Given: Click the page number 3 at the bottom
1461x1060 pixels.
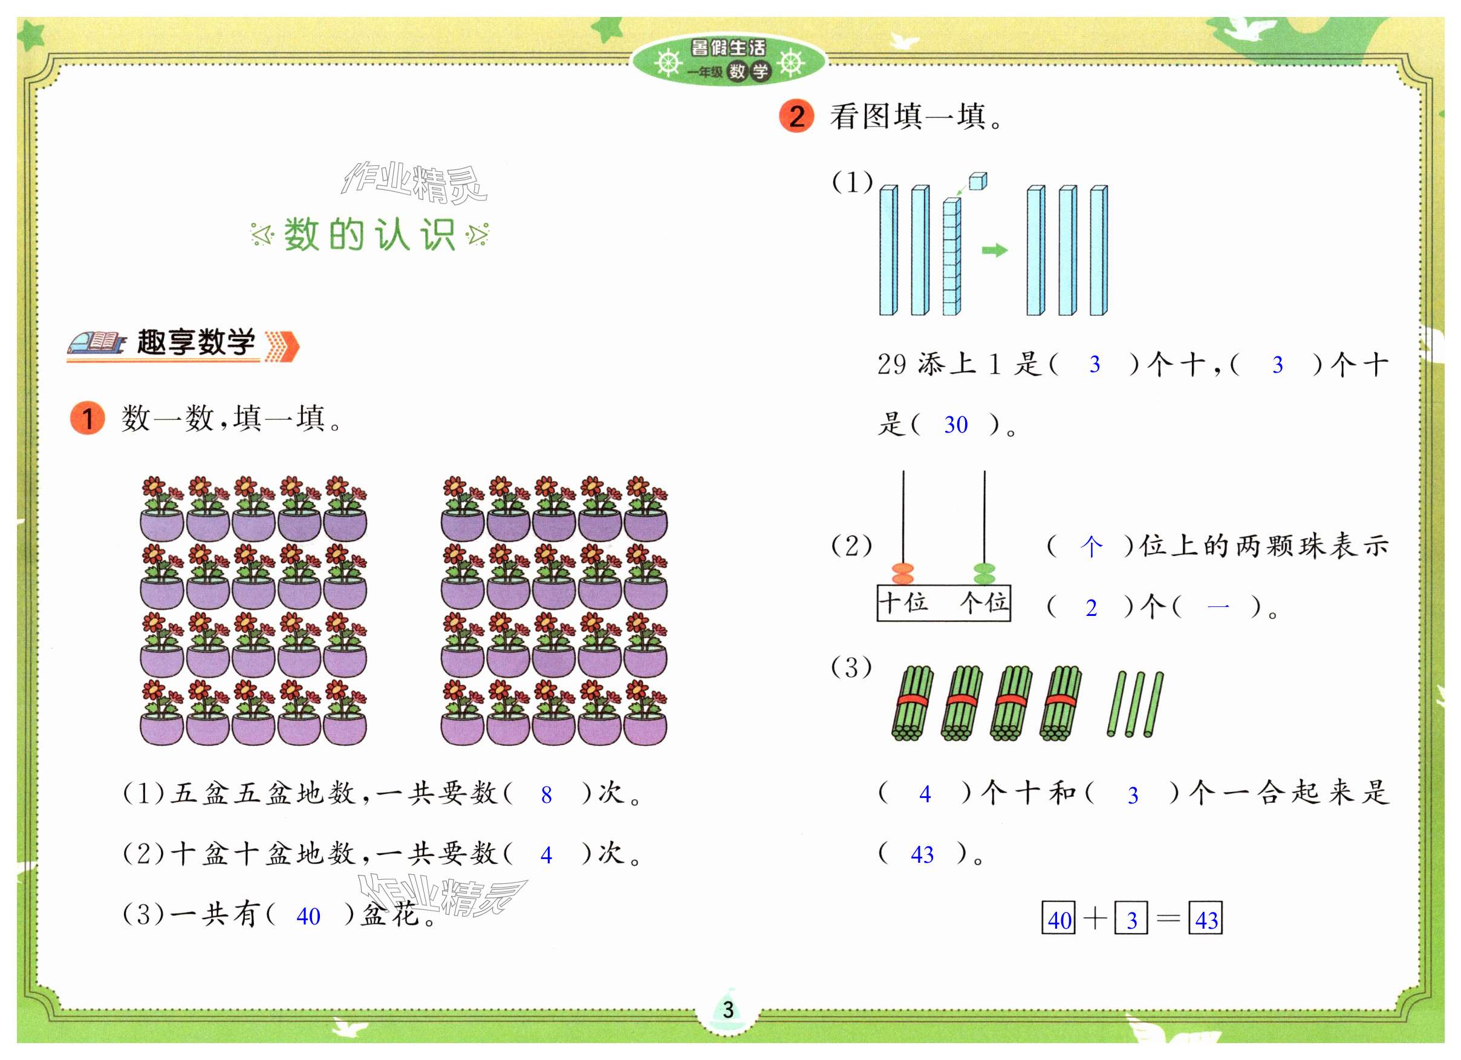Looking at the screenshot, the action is coord(728,1009).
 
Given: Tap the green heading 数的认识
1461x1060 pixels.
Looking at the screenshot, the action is coord(369,234).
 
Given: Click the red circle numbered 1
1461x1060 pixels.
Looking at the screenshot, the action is coord(88,418).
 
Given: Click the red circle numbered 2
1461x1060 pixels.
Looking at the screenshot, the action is coord(796,117).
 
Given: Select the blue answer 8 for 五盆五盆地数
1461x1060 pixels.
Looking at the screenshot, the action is coord(546,795).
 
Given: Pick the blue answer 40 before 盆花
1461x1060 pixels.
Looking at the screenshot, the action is coord(308,915).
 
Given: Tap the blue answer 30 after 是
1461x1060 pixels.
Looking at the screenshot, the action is coord(955,425).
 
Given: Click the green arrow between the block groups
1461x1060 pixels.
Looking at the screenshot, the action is coord(994,250).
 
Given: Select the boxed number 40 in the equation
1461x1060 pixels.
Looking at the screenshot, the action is coord(1058,919).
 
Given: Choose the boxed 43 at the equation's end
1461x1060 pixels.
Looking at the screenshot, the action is coord(1205,919).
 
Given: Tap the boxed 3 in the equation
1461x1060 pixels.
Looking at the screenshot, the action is coord(1131,919).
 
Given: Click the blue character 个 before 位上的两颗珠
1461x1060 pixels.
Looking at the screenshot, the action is coord(1090,547).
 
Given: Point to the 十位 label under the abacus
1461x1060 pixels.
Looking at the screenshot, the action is coord(903,603).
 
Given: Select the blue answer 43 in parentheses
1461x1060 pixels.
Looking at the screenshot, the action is coord(922,854).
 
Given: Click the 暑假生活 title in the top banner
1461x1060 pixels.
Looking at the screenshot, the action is coord(728,48).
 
